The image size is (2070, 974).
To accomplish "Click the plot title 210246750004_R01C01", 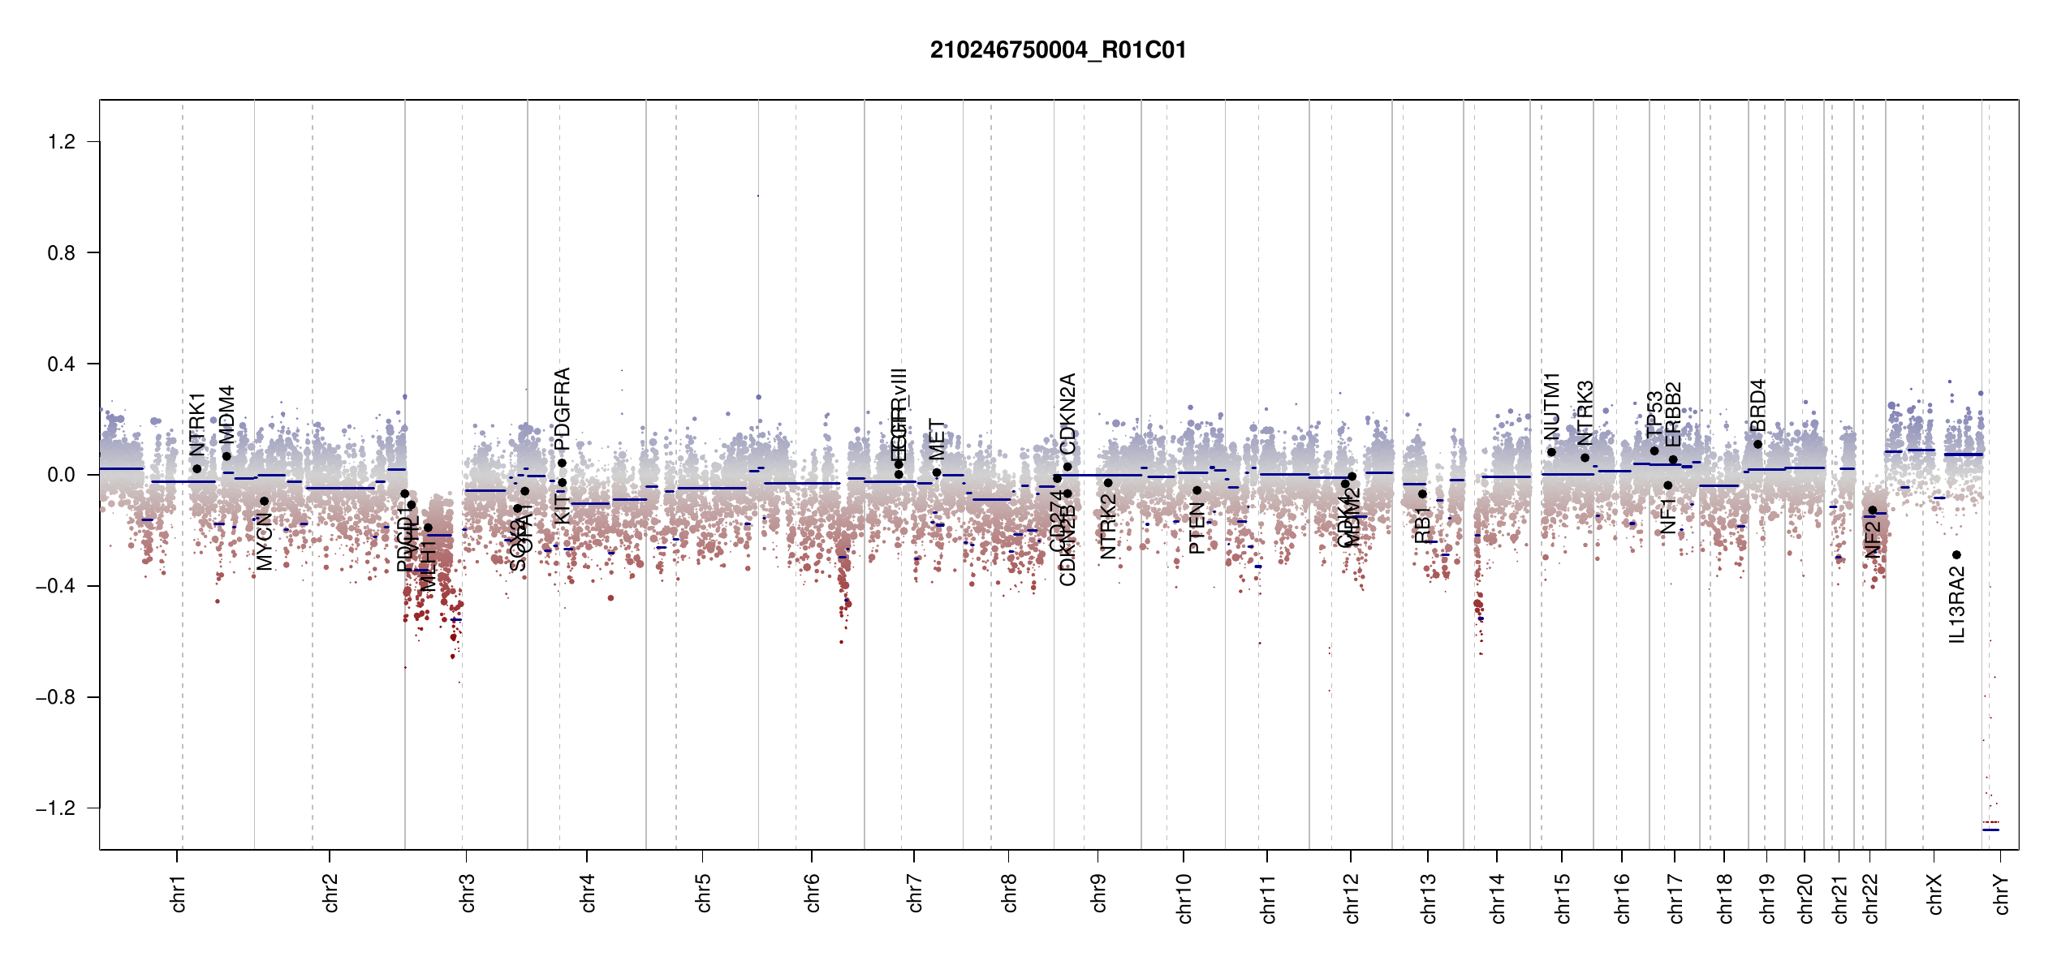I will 1058,50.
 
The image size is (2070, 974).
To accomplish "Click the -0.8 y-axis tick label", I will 55,697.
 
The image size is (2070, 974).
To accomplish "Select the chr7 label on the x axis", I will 916,893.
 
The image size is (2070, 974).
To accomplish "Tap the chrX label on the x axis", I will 1935,894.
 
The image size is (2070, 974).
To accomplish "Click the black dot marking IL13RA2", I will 1956,555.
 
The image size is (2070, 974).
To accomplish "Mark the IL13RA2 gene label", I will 1957,605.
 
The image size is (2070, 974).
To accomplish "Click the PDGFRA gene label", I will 562,408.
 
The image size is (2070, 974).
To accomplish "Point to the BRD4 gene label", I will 1757,405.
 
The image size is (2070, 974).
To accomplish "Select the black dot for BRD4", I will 1757,444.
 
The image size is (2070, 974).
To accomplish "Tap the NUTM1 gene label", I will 1552,407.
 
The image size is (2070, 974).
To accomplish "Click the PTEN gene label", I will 1197,528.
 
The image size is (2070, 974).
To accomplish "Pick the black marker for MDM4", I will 226,456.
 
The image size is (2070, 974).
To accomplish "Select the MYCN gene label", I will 265,541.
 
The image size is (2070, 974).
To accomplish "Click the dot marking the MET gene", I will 937,472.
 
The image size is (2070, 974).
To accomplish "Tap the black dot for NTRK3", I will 1585,458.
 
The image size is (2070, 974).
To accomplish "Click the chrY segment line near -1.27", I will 1990,830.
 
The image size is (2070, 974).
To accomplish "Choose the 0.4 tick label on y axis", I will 62,364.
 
